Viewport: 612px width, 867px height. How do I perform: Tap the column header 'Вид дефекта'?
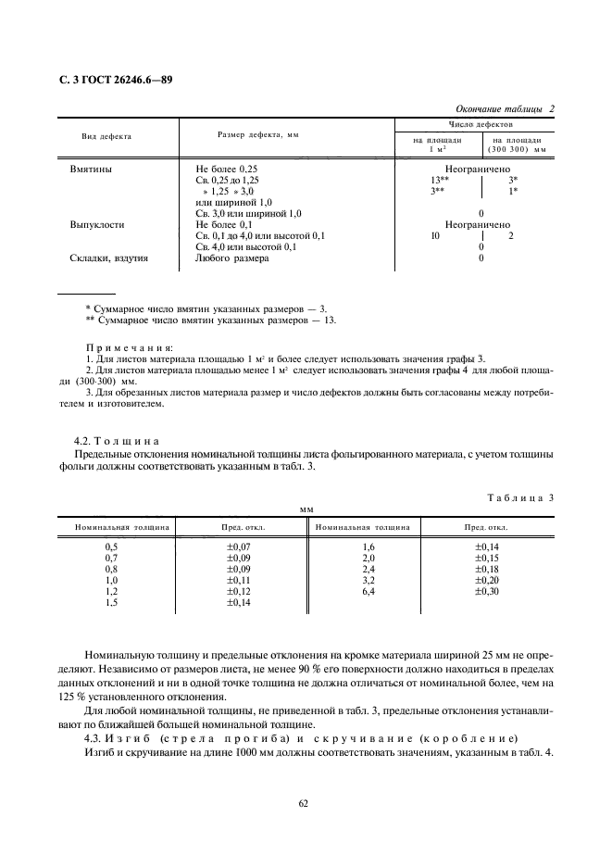[106, 136]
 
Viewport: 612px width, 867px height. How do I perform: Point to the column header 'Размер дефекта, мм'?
[258, 135]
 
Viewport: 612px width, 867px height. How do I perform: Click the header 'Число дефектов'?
[476, 123]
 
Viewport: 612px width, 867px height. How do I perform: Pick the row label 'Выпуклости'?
[97, 224]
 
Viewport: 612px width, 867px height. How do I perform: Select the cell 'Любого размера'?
[231, 258]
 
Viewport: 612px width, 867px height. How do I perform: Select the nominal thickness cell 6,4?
[368, 591]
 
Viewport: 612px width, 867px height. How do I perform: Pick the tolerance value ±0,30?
[486, 591]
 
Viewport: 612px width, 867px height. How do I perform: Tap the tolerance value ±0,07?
[239, 547]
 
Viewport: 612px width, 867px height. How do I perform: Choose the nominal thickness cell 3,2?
[368, 580]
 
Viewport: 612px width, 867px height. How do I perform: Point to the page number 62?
[304, 803]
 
